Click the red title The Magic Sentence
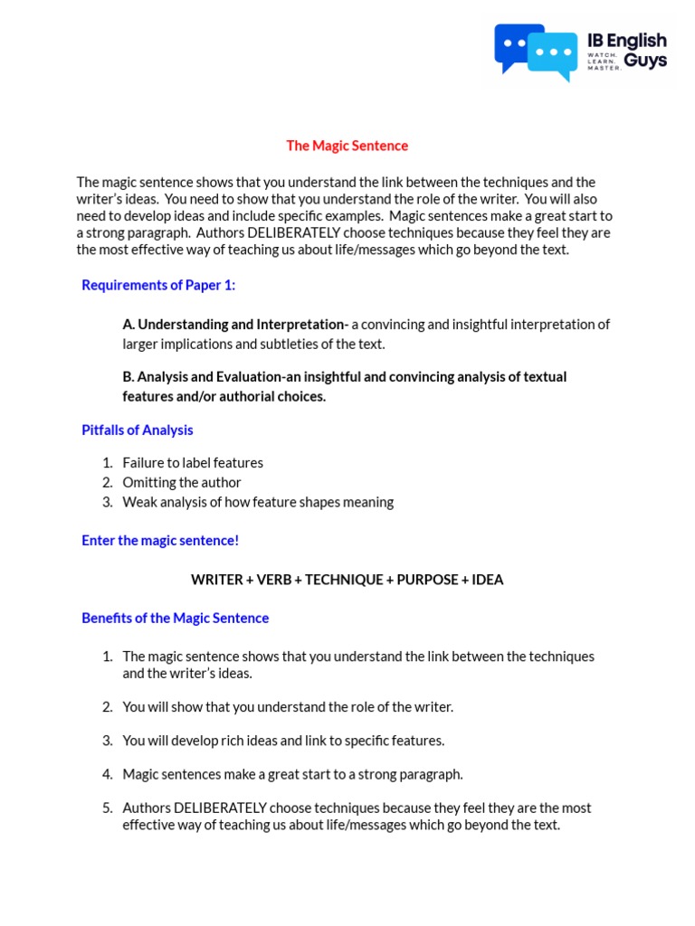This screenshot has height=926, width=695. click(347, 146)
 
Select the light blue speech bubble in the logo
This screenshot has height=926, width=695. click(553, 54)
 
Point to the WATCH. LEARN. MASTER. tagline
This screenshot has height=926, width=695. click(604, 61)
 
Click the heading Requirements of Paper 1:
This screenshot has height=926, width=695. click(158, 285)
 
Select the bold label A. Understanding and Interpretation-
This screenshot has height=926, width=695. click(235, 325)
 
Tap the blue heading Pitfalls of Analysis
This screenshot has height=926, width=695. click(138, 430)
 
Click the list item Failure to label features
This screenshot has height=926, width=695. click(193, 463)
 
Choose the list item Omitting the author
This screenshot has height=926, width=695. click(182, 482)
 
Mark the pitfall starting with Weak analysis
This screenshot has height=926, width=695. click(258, 502)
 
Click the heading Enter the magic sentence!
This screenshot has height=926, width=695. click(160, 540)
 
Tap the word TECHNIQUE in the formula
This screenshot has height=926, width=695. click(344, 580)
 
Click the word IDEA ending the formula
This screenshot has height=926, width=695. click(488, 580)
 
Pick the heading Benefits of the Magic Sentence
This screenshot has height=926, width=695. click(176, 619)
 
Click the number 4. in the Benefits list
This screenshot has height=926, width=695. click(107, 774)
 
